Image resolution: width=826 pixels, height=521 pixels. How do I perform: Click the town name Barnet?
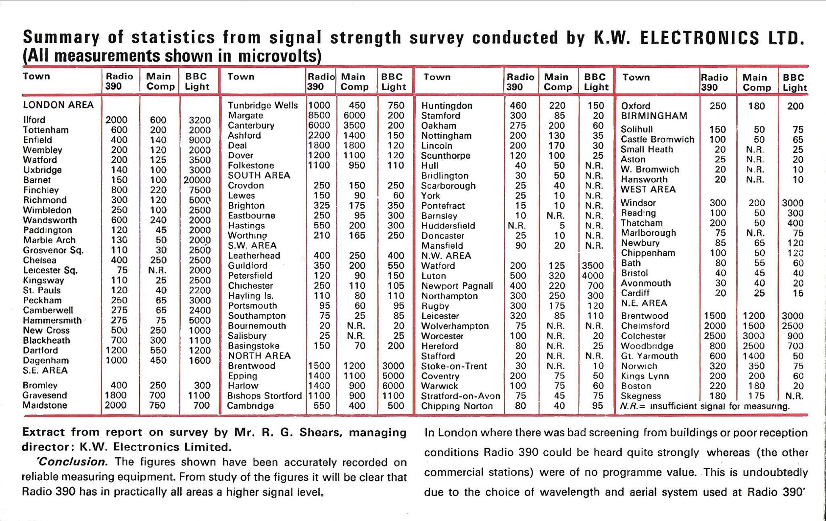(x=37, y=180)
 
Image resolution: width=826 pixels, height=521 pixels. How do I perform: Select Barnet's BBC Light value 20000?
(x=197, y=180)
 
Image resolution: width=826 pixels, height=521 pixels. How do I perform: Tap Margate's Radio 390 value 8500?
(x=319, y=116)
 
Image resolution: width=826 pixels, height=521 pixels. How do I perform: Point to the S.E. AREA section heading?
(x=45, y=370)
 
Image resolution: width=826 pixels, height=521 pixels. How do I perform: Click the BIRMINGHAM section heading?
(x=654, y=116)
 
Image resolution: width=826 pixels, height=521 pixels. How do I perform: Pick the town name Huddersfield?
(x=448, y=226)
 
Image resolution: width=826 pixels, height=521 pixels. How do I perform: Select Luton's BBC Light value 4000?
(x=592, y=276)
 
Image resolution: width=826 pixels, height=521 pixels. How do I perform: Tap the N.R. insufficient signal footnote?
(x=705, y=406)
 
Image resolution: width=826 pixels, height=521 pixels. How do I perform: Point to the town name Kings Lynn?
(x=645, y=376)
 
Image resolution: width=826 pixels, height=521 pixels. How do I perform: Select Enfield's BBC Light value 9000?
(x=200, y=140)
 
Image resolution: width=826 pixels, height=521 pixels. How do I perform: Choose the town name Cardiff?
(x=635, y=293)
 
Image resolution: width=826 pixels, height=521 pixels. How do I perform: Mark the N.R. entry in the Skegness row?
(x=795, y=396)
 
